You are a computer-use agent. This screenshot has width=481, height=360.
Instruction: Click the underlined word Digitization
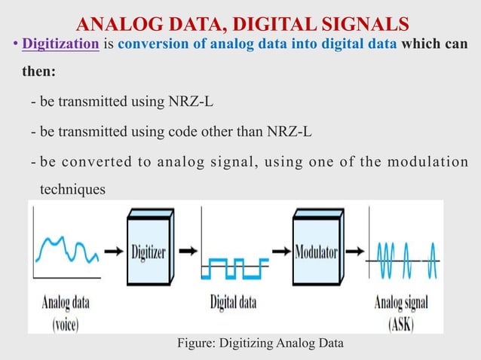click(61, 44)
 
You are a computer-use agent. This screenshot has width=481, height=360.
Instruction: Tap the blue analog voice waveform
click(67, 251)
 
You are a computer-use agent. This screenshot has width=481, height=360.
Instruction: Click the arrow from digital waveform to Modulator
click(280, 251)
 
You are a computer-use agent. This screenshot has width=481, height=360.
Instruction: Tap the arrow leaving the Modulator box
click(354, 251)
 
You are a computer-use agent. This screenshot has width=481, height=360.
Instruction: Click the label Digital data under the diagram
click(233, 303)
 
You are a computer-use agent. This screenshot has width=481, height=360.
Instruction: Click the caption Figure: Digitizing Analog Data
click(259, 343)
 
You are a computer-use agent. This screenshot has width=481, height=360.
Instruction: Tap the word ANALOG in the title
click(113, 20)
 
